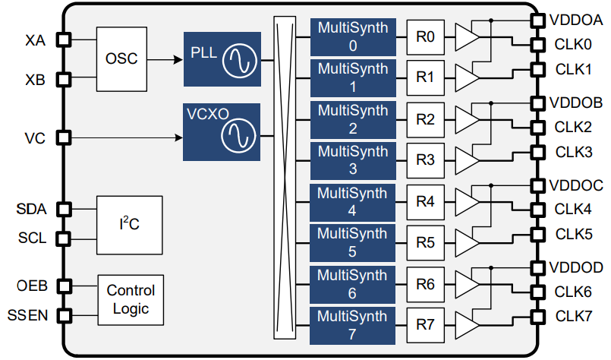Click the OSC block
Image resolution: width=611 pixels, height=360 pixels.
click(x=121, y=58)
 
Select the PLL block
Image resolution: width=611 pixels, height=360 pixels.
click(x=221, y=59)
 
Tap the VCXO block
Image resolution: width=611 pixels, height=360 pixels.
click(x=221, y=132)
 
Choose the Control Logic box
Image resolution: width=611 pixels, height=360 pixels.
click(x=130, y=300)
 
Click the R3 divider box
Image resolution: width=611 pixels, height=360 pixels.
click(x=426, y=160)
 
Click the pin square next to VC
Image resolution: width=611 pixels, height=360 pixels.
click(x=64, y=137)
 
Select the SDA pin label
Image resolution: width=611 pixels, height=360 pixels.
click(x=32, y=209)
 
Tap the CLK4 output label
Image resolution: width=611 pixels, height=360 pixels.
click(x=573, y=208)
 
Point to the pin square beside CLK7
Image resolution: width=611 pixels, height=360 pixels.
click(x=538, y=316)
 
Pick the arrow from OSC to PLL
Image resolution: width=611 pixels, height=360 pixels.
click(x=164, y=58)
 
